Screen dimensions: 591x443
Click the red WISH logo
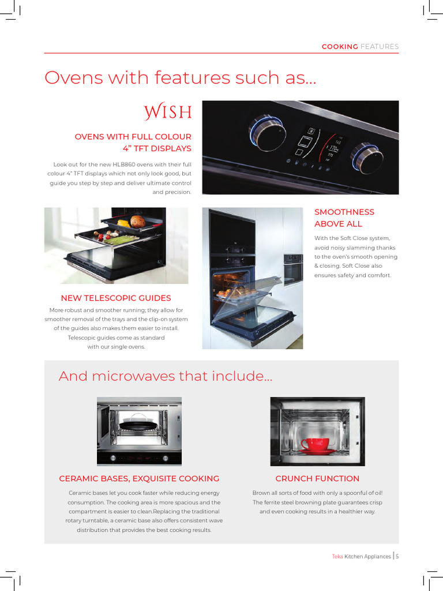168,111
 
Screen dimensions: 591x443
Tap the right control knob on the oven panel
367,157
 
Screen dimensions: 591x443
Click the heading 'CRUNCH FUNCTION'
317,478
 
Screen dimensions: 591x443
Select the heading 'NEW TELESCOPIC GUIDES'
116,298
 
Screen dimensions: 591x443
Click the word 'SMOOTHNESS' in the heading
344,212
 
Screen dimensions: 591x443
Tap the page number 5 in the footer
397,556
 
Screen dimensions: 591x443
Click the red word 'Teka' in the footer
337,556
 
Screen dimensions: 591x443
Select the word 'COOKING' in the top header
340,47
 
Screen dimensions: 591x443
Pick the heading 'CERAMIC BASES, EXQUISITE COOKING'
139,478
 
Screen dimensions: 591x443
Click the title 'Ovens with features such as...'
181,78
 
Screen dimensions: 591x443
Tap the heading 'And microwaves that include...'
166,376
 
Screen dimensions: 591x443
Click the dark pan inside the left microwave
138,425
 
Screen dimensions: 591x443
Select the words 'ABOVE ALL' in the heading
339,224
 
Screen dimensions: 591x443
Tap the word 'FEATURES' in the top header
380,47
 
